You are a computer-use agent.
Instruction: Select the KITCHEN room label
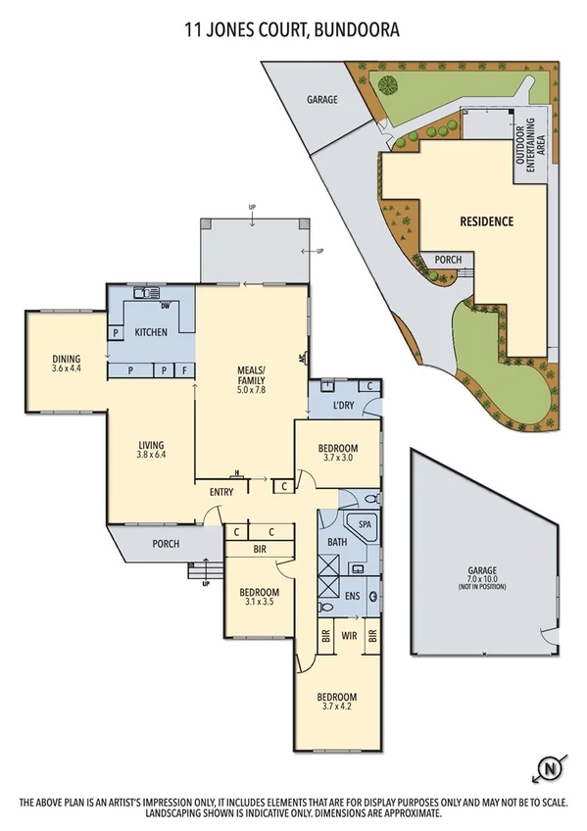(x=151, y=332)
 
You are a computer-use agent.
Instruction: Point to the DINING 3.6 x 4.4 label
(x=67, y=364)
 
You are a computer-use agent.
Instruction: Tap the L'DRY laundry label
(x=342, y=406)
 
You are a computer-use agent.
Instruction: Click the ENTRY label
(x=220, y=492)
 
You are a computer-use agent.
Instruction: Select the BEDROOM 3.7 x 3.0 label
(x=337, y=453)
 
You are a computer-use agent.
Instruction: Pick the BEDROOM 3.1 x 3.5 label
(x=261, y=598)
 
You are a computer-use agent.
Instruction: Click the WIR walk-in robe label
(x=348, y=636)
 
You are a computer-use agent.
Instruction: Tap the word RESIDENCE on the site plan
(x=486, y=221)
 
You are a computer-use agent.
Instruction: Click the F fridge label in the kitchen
(x=183, y=370)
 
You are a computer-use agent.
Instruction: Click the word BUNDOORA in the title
(x=359, y=30)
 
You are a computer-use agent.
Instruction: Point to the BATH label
(x=337, y=542)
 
